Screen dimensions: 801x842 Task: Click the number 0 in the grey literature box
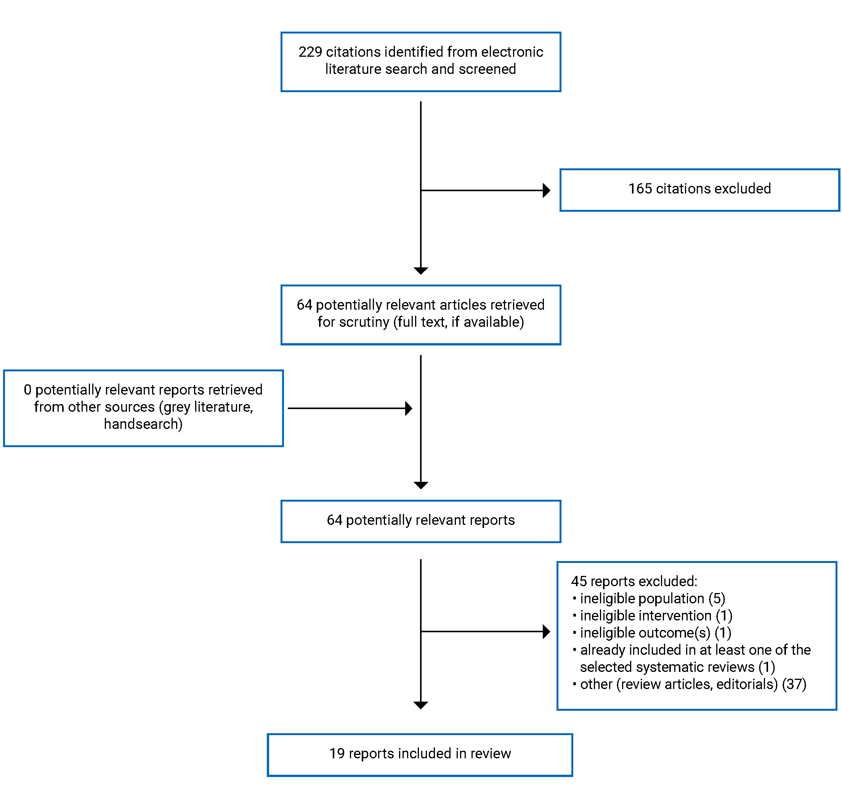(27, 390)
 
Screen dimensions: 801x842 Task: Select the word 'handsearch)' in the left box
(143, 424)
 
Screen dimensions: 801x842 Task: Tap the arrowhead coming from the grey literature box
(408, 408)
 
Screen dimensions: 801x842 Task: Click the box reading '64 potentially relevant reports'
(420, 521)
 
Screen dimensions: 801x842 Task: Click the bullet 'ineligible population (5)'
(652, 598)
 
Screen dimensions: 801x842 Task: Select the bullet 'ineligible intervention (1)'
(655, 615)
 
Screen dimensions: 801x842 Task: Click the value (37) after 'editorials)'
(793, 684)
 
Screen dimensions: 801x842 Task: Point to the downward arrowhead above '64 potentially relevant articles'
(420, 271)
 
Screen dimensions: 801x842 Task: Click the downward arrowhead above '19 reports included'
(420, 705)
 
